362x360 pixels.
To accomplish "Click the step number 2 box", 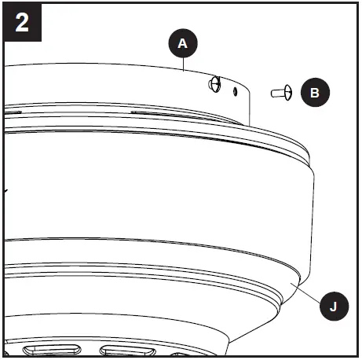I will [x=22, y=21].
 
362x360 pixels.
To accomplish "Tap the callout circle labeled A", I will [x=182, y=45].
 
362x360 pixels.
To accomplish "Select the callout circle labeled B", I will [x=315, y=93].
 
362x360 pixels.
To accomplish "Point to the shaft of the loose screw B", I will [x=276, y=94].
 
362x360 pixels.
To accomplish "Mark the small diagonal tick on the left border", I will [x=6, y=190].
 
